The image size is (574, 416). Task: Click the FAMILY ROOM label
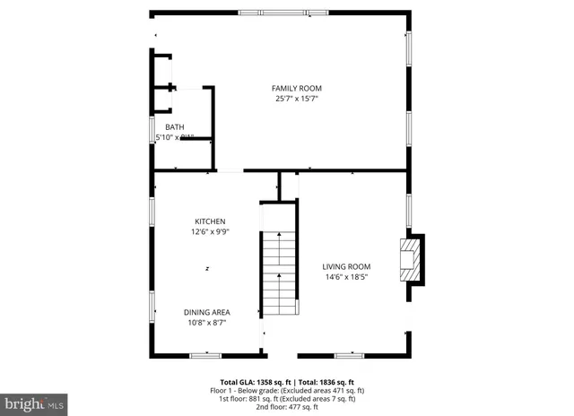click(x=297, y=88)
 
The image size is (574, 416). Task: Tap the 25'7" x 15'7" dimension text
click(x=297, y=99)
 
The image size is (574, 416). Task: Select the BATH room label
click(x=174, y=127)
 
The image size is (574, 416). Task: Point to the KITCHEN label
click(x=211, y=221)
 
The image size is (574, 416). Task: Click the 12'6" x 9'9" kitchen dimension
click(x=211, y=232)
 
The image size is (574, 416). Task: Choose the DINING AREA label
click(x=207, y=312)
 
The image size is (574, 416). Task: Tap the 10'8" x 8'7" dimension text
click(x=207, y=323)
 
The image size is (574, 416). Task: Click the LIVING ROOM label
click(x=346, y=266)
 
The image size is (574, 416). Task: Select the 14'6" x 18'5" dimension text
click(x=346, y=277)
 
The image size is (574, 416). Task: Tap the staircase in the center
click(x=278, y=269)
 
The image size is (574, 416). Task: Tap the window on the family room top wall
click(x=284, y=13)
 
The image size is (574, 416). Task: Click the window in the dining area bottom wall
click(x=205, y=356)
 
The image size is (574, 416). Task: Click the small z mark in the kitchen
click(x=207, y=268)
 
